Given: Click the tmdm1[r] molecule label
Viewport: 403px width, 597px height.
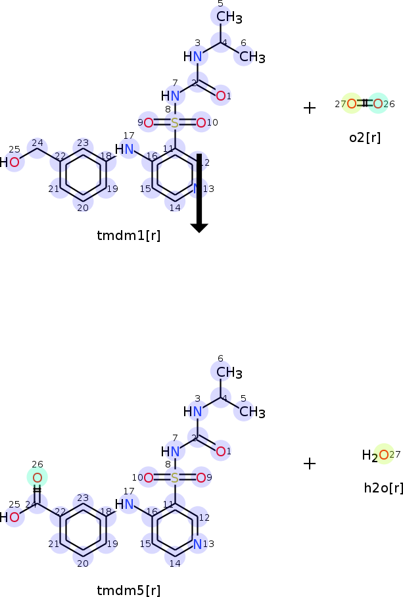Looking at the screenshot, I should [x=128, y=235].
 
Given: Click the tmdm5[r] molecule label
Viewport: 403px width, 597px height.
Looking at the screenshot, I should [x=128, y=590].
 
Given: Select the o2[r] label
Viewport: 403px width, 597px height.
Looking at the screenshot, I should [x=364, y=137].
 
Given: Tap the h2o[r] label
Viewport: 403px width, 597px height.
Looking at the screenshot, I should [x=383, y=487].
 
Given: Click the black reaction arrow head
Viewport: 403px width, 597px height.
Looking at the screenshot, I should [x=199, y=227].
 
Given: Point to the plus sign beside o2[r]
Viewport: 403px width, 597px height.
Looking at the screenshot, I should [x=310, y=108].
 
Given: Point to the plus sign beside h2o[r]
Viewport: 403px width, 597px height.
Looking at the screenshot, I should [x=310, y=464].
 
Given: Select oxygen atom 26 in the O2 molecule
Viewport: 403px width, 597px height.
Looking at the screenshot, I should [x=377, y=103].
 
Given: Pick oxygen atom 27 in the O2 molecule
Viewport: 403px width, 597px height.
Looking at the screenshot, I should [x=352, y=103].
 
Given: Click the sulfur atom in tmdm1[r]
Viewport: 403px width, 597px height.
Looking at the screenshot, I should [x=174, y=122].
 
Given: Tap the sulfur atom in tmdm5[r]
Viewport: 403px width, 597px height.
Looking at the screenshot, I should [x=174, y=478].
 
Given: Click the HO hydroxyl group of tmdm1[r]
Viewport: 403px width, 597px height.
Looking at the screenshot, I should [x=10, y=162].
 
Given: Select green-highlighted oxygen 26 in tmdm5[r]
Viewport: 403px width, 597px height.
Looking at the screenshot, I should [x=37, y=478].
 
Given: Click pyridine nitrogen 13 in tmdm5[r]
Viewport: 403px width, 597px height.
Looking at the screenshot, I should [x=197, y=544].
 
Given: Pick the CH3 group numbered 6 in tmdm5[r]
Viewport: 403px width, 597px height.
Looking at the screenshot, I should [x=229, y=373].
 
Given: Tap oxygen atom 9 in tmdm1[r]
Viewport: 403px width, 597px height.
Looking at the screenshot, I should [x=149, y=122].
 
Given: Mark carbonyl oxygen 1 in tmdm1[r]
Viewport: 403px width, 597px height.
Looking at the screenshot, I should [x=221, y=96].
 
